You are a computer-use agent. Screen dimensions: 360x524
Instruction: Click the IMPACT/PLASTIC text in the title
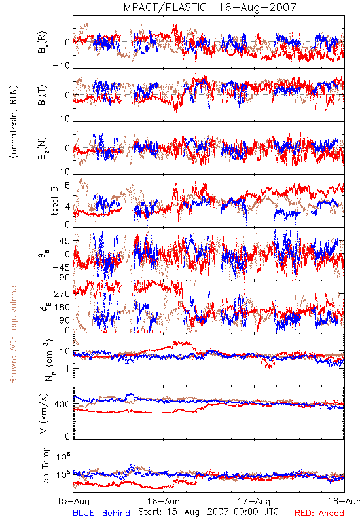click(x=164, y=7)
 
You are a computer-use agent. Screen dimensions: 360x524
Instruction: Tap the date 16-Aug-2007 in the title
click(x=257, y=7)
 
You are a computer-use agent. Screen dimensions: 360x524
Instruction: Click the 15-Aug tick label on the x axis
click(x=73, y=501)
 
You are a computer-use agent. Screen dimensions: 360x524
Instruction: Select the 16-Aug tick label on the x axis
click(x=164, y=501)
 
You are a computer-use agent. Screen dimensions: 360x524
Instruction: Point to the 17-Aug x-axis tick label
click(x=254, y=501)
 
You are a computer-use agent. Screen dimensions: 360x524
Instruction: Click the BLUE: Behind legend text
click(x=101, y=513)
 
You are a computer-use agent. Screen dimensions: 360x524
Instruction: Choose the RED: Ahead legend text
click(x=319, y=513)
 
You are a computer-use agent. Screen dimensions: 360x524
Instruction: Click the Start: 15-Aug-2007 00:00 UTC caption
click(x=208, y=512)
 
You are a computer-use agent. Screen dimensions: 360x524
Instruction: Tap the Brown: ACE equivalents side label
click(x=13, y=333)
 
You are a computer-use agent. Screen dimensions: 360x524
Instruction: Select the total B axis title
click(x=54, y=200)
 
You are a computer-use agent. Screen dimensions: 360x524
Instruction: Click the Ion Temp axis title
click(x=45, y=466)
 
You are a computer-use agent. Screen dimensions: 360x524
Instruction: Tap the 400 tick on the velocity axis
click(x=62, y=404)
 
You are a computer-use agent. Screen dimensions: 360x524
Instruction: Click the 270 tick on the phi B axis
click(x=62, y=294)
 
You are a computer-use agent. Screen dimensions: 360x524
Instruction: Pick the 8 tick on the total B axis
click(x=67, y=185)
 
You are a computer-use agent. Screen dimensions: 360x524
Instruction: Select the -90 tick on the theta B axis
click(x=62, y=277)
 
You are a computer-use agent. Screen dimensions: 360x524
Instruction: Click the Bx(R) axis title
click(x=43, y=43)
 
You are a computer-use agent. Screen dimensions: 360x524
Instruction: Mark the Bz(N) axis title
click(x=43, y=148)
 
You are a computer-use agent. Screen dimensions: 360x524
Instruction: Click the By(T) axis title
click(x=43, y=95)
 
